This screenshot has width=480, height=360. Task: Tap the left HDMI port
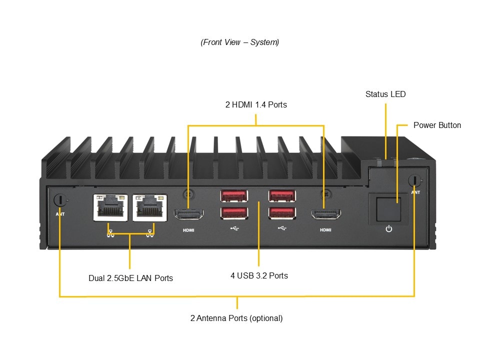[x=188, y=215]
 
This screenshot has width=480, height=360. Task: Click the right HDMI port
[x=325, y=215]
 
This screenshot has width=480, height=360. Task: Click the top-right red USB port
[x=281, y=196]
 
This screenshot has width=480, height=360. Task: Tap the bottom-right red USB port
[x=281, y=213]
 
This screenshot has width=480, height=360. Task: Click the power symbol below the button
[x=389, y=229]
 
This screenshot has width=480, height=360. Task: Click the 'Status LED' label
[x=385, y=94]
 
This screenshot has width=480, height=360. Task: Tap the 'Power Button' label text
[x=437, y=125]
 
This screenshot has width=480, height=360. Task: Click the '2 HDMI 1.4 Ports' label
[x=256, y=105]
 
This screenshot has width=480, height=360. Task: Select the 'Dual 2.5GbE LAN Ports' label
[x=130, y=278]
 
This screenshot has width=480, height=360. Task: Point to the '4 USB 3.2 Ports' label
[x=259, y=275]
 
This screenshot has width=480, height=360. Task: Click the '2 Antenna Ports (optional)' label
[x=236, y=318]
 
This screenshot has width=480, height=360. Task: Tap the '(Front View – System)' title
[x=240, y=42]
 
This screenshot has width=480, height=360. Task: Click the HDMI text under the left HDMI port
[x=188, y=230]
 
